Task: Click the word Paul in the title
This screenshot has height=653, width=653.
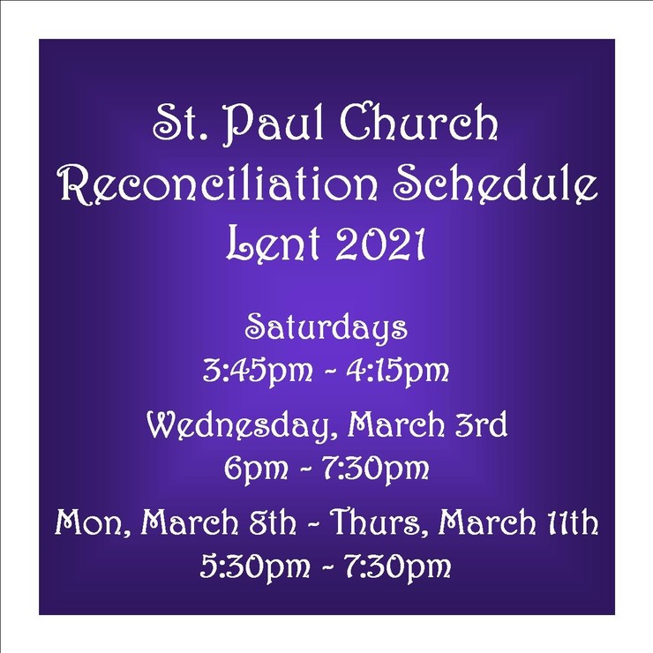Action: pyautogui.click(x=274, y=124)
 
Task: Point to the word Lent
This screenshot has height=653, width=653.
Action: pyautogui.click(x=274, y=244)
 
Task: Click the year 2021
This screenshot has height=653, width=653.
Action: pyautogui.click(x=379, y=244)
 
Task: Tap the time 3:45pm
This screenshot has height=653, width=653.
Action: pyautogui.click(x=258, y=371)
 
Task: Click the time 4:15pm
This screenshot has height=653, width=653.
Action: pyautogui.click(x=398, y=371)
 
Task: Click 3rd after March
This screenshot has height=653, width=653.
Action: pyautogui.click(x=481, y=424)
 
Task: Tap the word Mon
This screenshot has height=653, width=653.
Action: pyautogui.click(x=93, y=522)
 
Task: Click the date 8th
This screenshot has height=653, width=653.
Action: pyautogui.click(x=273, y=522)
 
